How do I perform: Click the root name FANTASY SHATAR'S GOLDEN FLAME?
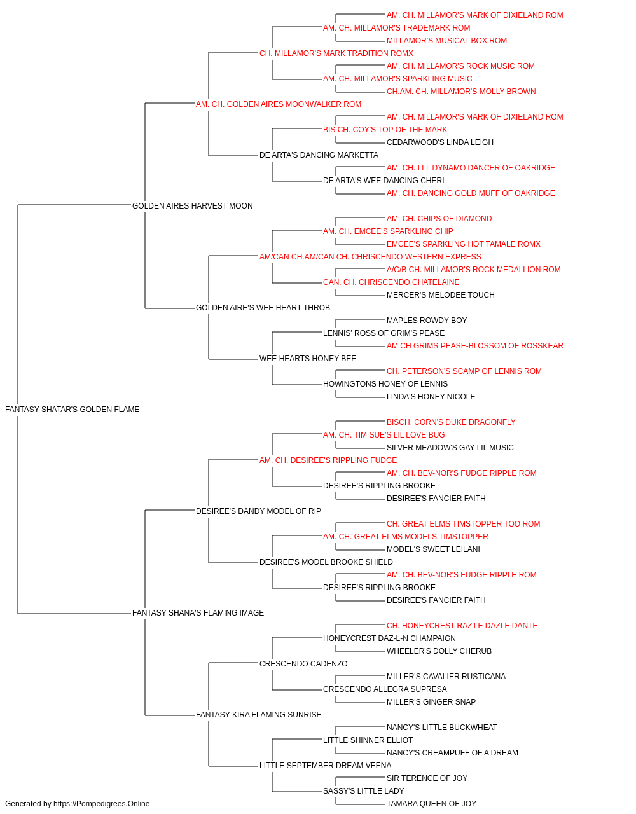[73, 410]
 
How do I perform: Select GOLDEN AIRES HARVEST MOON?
[193, 206]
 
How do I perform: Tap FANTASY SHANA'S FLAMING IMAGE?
[198, 613]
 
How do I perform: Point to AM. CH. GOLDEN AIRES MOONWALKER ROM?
[279, 104]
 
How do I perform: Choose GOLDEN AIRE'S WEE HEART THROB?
[263, 308]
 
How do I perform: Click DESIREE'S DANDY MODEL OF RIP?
[258, 511]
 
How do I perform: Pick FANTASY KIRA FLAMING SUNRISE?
[259, 715]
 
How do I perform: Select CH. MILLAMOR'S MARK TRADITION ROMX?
[336, 53]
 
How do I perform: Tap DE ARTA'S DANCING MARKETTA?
[319, 155]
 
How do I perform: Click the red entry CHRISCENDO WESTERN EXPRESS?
[370, 257]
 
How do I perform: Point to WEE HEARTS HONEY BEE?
[308, 359]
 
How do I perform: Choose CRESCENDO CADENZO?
[304, 664]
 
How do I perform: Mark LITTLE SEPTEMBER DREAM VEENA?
[326, 766]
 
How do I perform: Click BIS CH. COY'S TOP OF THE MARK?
[385, 130]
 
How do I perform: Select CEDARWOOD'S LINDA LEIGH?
[440, 142]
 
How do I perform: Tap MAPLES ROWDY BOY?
[427, 321]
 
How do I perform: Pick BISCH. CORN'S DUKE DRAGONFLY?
[452, 422]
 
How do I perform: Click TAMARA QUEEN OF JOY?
[431, 804]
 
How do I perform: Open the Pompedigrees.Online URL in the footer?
[102, 804]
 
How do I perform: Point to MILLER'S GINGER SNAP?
[431, 702]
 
